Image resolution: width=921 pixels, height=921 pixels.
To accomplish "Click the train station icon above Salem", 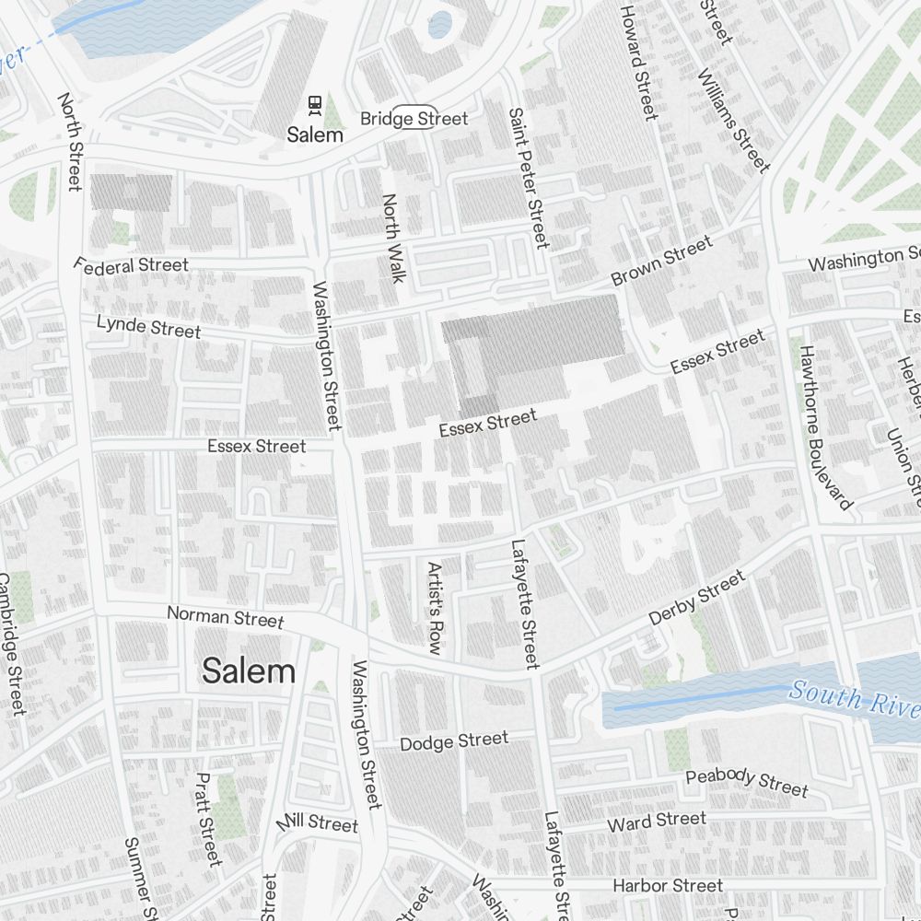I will [x=315, y=105].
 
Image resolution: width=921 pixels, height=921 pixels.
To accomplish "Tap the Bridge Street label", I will [x=414, y=119].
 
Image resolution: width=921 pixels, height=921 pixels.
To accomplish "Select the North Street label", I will [x=70, y=141].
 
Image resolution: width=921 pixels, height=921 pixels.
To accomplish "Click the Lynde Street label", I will [x=148, y=326].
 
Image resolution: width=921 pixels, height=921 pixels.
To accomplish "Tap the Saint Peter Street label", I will [x=529, y=178].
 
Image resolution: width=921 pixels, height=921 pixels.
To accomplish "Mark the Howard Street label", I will [x=638, y=62].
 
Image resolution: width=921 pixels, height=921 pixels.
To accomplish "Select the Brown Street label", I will [x=661, y=261].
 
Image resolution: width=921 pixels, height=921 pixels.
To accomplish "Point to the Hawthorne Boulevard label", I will [x=825, y=427].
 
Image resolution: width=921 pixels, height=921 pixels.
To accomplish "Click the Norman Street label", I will [x=225, y=616].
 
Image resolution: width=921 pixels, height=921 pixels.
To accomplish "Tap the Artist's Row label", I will [x=435, y=608].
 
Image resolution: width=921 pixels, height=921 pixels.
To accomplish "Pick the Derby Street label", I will [x=696, y=599].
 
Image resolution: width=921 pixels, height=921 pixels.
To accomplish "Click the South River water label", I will [x=854, y=697].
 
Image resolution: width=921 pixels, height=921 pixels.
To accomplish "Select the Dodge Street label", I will [x=453, y=741].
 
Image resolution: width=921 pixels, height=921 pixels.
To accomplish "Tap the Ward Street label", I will [x=656, y=820].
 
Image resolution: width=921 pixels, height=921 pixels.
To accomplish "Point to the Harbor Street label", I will [x=668, y=885].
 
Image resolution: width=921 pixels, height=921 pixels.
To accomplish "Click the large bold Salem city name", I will [x=249, y=670].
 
